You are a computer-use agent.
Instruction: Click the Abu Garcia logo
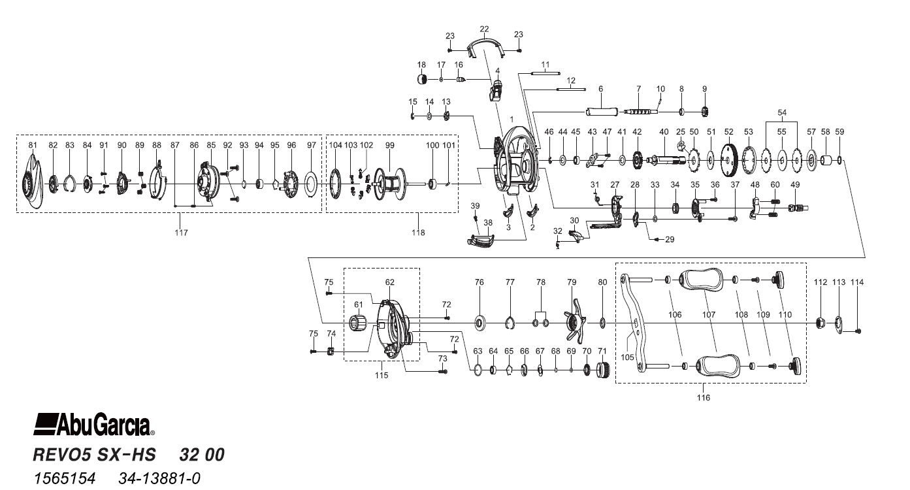pos(93,426)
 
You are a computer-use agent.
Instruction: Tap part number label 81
pos(33,144)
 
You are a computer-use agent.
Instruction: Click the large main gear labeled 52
pos(729,159)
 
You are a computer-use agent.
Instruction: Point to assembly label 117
pos(181,233)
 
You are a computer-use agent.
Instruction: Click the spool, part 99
pos(391,181)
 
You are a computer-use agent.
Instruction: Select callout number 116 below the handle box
pos(703,397)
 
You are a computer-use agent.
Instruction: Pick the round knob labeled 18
pos(422,80)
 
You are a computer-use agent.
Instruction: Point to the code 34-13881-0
pos(159,480)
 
